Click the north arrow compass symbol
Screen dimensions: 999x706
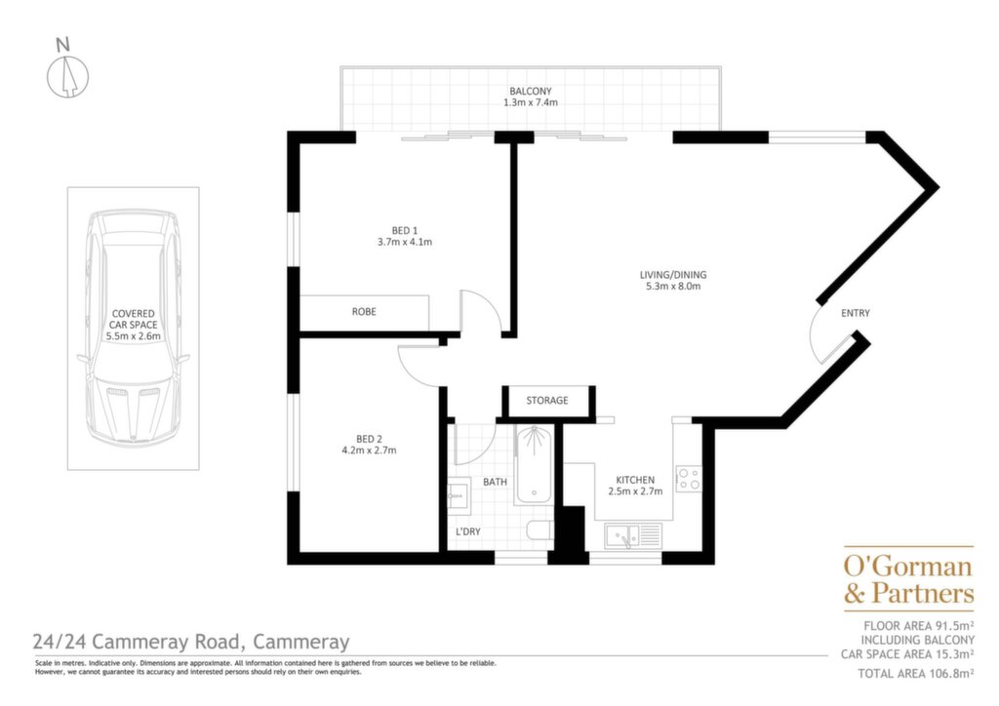67,76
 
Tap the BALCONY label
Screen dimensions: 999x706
530,91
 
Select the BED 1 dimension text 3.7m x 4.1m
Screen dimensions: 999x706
405,242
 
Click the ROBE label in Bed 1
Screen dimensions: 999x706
364,312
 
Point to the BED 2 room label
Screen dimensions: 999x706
369,439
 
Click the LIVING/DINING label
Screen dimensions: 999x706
673,275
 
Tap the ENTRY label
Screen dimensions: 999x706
855,313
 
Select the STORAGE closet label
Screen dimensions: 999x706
546,401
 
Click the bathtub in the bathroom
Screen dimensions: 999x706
534,465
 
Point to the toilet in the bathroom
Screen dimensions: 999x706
539,531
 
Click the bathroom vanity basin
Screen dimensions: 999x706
458,495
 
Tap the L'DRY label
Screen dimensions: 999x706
467,531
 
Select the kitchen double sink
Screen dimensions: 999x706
632,535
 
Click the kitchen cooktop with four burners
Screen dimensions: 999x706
688,479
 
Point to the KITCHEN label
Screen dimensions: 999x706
634,480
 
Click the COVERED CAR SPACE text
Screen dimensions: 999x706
133,319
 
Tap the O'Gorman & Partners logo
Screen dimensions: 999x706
908,579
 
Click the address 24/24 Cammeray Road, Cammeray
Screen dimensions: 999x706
191,642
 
